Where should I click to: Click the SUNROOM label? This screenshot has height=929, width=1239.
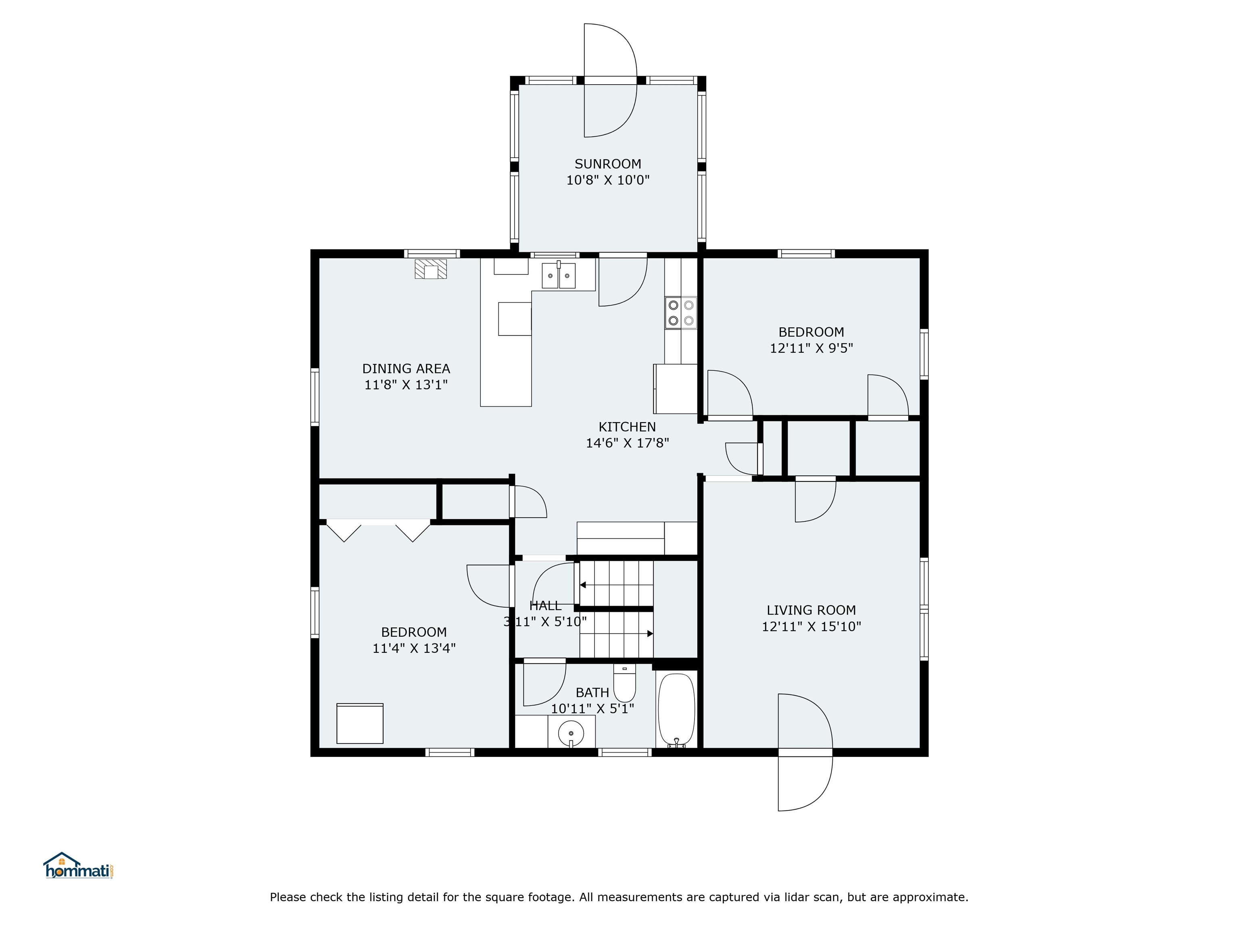coord(608,164)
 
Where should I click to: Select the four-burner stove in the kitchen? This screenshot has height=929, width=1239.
coord(680,313)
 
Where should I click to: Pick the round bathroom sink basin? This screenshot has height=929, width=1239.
coord(571,733)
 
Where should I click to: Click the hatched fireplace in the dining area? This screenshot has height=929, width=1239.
coord(431,269)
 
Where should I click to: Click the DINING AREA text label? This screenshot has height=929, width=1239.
coord(406,369)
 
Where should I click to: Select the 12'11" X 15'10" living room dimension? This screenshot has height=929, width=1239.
coord(811,627)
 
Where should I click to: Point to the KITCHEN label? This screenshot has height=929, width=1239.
coord(627,427)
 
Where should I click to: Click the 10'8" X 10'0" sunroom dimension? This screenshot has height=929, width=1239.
coord(608,180)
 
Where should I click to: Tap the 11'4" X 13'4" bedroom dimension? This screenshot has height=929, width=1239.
coord(414,648)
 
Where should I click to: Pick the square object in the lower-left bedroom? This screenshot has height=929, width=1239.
coord(360,723)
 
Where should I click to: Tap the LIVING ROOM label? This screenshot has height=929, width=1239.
coord(811,610)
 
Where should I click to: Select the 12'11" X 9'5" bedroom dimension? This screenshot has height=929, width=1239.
coord(811,348)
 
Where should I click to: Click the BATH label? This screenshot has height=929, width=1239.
coord(592,693)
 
